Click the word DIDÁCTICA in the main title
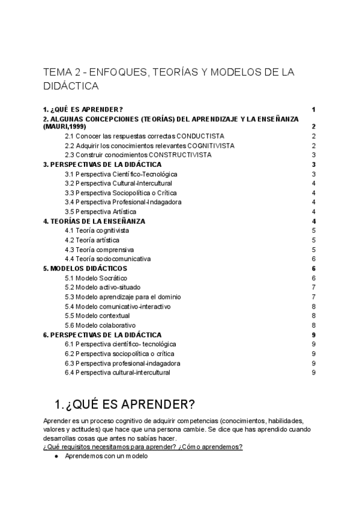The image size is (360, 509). click(x=71, y=86)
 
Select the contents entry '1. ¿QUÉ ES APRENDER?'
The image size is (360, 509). click(x=83, y=109)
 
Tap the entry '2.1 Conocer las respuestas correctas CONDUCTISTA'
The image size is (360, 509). click(x=144, y=136)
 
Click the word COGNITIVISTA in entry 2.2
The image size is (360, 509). click(x=211, y=145)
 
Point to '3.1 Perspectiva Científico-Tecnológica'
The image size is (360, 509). click(x=121, y=174)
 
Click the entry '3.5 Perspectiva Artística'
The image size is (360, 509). click(x=100, y=212)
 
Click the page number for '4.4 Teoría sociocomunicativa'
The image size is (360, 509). click(x=314, y=259)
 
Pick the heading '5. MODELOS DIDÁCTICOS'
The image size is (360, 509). click(x=85, y=268)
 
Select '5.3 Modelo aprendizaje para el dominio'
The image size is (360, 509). click(x=122, y=297)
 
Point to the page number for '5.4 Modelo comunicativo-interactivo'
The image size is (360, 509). click(x=314, y=306)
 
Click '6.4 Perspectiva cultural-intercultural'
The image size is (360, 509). click(x=117, y=373)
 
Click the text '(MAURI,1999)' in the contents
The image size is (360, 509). click(x=64, y=127)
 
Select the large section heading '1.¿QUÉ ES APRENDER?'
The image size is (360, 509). click(x=124, y=403)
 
